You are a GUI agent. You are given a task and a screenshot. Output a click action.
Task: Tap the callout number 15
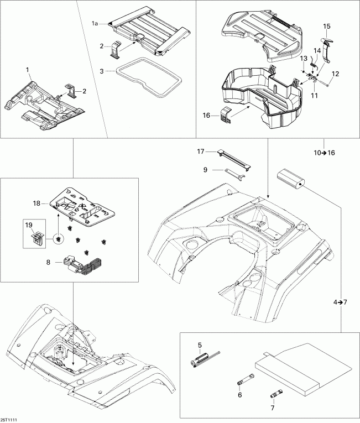tap(327, 26)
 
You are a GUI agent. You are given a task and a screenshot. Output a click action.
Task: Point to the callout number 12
tap(335, 74)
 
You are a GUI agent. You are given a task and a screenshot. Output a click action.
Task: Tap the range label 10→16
tap(323, 153)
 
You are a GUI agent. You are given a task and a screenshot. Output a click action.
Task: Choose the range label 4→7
tap(341, 302)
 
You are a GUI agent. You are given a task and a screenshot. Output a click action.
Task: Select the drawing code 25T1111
tap(9, 419)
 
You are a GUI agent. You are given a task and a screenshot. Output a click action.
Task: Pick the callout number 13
tap(303, 58)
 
